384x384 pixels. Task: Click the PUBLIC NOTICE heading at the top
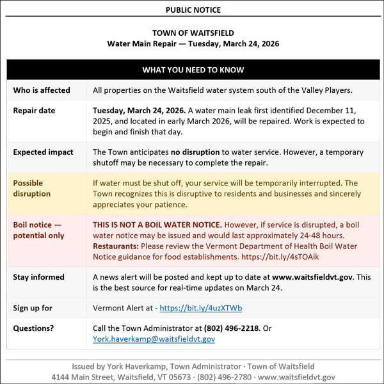tap(193, 10)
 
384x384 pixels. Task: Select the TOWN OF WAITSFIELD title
tap(193, 33)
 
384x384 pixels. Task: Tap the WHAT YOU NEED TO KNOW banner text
tap(193, 70)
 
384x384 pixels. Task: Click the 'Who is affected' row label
tap(42, 90)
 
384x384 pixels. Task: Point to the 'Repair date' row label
tap(35, 111)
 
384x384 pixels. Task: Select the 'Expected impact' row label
tap(44, 152)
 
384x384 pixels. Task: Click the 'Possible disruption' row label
tap(33, 188)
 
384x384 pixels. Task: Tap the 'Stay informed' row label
tap(39, 277)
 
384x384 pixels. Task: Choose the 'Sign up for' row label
tap(33, 308)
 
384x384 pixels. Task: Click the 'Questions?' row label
tap(34, 328)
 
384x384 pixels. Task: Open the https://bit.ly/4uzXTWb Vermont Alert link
tap(201, 308)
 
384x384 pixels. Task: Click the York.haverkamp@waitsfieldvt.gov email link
tap(154, 339)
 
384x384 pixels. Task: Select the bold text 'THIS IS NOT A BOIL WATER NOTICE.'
tap(157, 225)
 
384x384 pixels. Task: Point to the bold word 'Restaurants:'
tap(115, 246)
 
